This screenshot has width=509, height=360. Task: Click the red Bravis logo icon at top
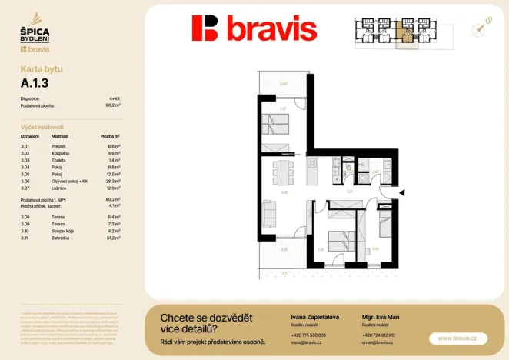click(x=205, y=28)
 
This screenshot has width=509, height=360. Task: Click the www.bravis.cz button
click(x=457, y=338)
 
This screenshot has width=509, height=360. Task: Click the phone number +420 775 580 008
click(x=308, y=335)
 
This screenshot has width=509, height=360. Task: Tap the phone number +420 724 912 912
click(x=378, y=335)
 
